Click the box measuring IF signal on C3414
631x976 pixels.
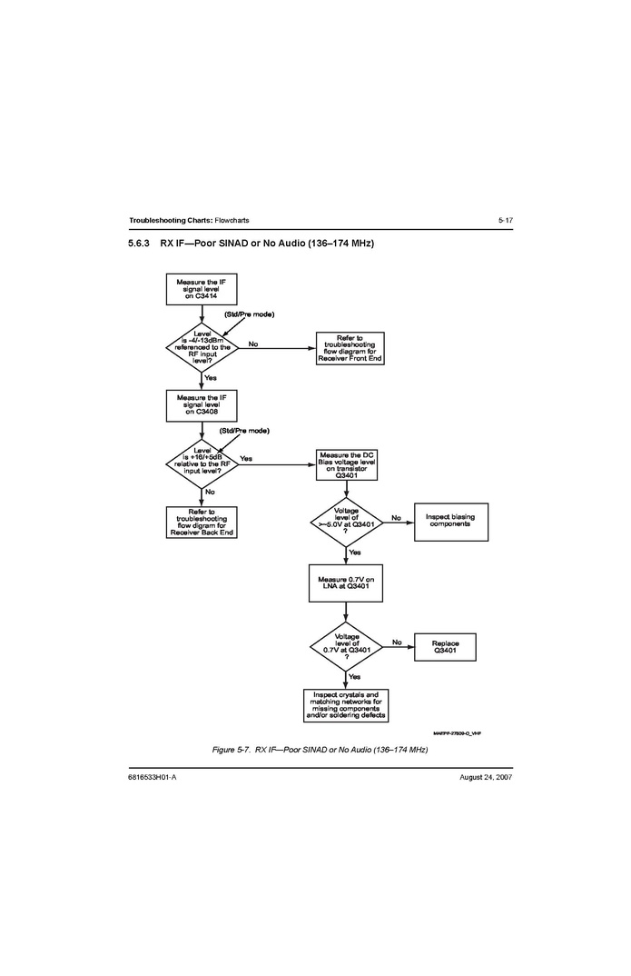(201, 288)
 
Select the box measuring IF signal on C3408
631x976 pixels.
(201, 404)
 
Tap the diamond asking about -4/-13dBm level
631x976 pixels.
(202, 346)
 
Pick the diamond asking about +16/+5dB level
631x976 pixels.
(202, 463)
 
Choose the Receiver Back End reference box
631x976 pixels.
(202, 522)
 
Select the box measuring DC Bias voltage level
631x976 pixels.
(346, 464)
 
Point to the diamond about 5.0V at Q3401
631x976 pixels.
(346, 521)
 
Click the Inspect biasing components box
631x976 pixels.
(450, 521)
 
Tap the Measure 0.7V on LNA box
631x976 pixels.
(346, 583)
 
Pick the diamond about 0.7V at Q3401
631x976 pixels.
(346, 646)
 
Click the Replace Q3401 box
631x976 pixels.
(445, 646)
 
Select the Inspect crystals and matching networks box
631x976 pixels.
(346, 705)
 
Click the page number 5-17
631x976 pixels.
(505, 221)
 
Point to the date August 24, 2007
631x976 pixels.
(486, 779)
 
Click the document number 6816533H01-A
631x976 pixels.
(153, 779)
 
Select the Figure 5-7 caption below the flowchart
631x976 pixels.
(319, 749)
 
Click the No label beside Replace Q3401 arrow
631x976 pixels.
(397, 642)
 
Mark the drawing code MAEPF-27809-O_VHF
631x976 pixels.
(457, 732)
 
